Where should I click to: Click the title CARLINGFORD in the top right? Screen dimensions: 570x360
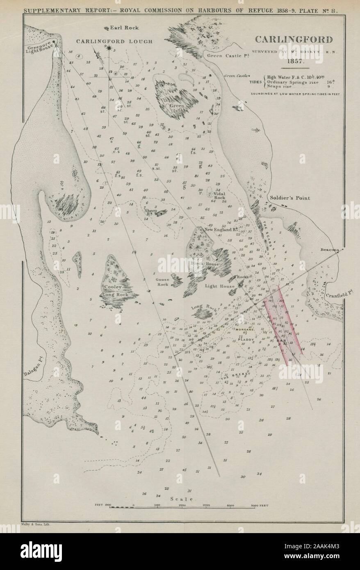click(x=294, y=40)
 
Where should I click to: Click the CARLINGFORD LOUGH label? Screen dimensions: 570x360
click(x=114, y=41)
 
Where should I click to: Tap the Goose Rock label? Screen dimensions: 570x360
click(x=162, y=282)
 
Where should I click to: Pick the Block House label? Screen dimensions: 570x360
click(x=210, y=264)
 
